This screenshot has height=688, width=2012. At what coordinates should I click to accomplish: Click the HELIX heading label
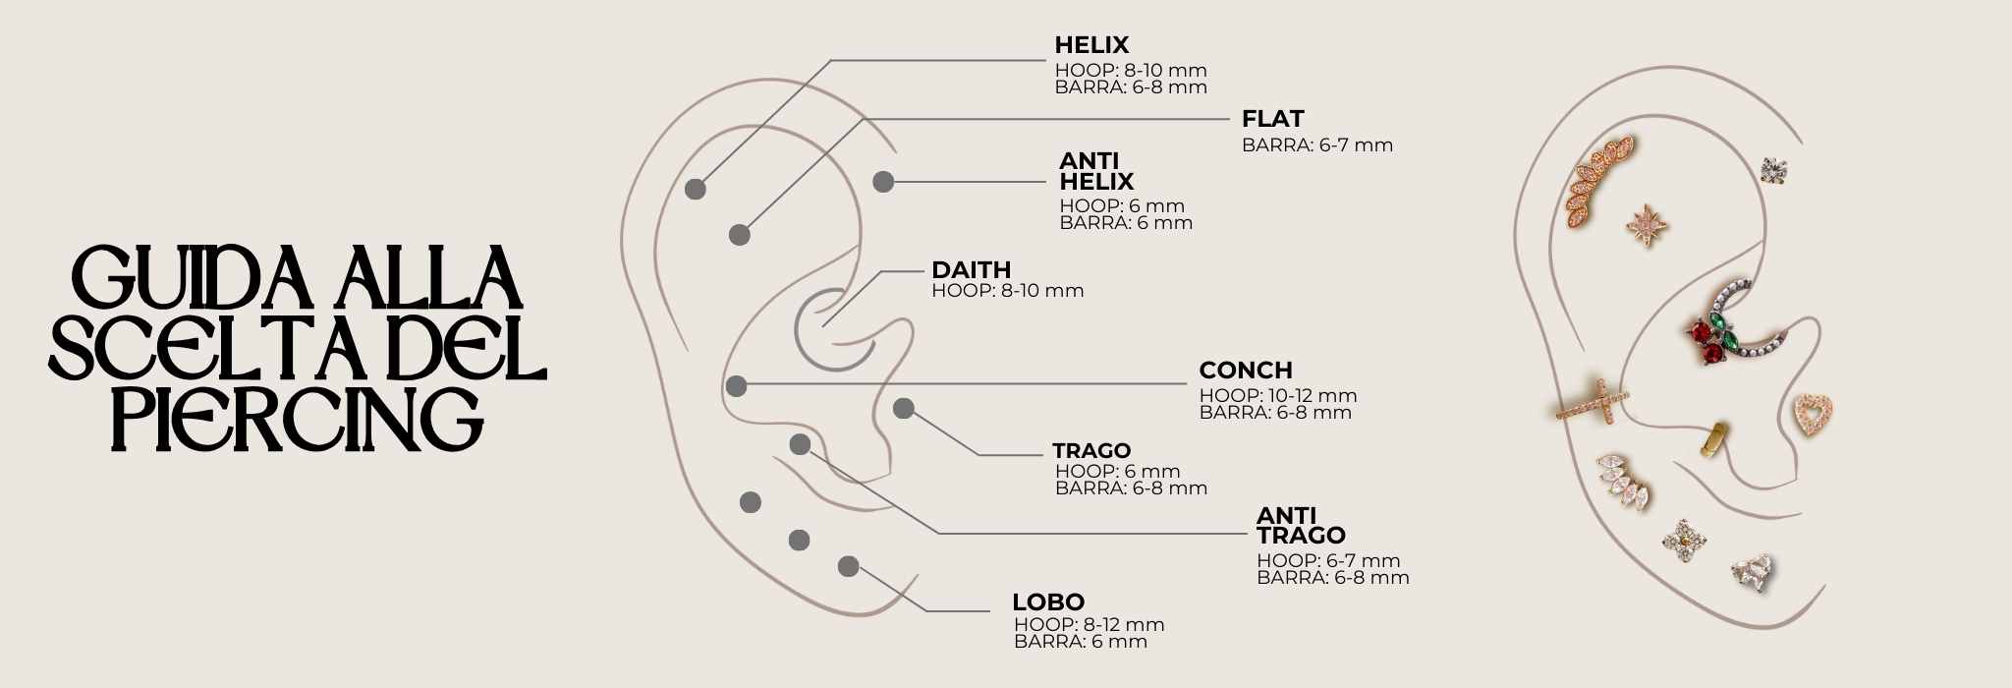click(1091, 45)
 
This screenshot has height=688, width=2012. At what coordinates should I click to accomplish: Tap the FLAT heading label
click(1272, 119)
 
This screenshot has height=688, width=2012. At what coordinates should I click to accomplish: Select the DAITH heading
click(971, 270)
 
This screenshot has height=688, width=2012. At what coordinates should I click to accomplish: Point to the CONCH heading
click(1246, 371)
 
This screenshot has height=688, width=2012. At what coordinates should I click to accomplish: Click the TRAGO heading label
click(1091, 451)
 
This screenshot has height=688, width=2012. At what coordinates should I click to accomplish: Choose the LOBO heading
click(1048, 602)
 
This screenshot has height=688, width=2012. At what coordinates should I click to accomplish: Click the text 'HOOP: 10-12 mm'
click(1278, 395)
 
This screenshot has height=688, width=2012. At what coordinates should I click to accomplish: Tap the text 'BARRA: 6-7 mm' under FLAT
click(1317, 145)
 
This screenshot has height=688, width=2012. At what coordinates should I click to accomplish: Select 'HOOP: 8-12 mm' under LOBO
click(1090, 624)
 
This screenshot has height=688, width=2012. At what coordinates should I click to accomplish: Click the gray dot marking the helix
click(696, 191)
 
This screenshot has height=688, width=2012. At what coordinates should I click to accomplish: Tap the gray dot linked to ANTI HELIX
click(883, 181)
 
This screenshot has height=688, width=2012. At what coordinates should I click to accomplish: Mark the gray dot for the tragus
click(904, 408)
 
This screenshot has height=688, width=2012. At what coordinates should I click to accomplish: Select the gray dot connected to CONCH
click(736, 385)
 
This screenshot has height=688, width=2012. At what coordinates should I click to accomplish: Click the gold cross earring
click(1593, 402)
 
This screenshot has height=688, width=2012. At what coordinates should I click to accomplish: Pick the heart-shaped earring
click(1815, 415)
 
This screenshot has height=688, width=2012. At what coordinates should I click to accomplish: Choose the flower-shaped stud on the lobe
click(1684, 540)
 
